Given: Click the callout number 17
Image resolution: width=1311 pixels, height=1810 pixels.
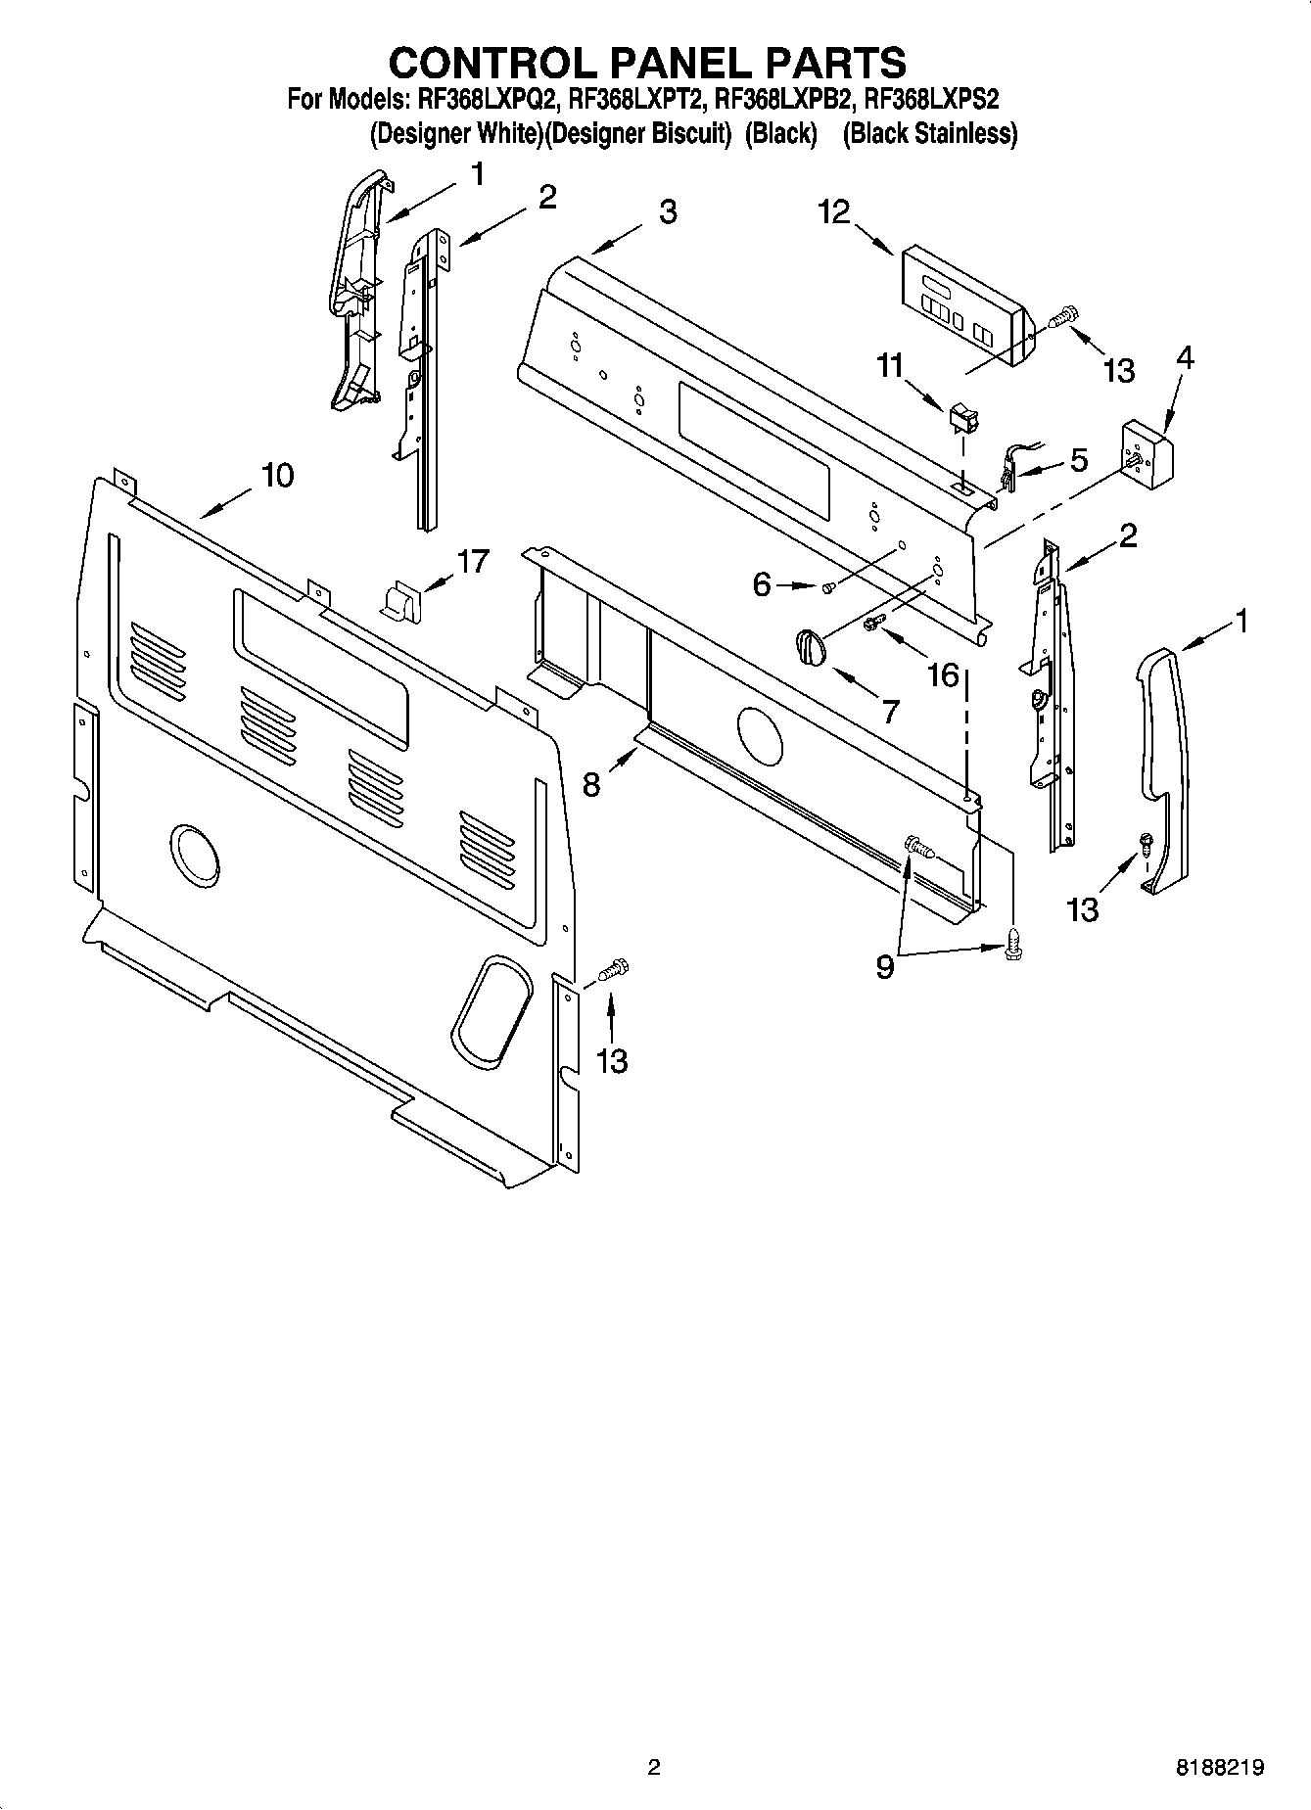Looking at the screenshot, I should (x=472, y=562).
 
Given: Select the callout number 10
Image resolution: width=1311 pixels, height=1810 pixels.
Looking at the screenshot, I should (x=276, y=476).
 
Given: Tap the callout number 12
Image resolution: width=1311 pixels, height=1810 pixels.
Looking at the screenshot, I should (x=834, y=211).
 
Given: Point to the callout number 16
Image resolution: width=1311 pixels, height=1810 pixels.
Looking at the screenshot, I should (x=943, y=674).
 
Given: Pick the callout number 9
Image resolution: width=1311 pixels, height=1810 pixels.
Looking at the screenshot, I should (x=884, y=968).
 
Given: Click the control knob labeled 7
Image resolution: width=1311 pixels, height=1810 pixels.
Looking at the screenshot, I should (x=809, y=647).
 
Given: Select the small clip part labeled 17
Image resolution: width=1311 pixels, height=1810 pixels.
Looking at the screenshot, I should (x=398, y=599).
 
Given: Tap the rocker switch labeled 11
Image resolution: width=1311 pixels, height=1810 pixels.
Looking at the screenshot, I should (x=962, y=419).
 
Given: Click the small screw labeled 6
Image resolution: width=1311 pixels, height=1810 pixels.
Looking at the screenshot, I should (x=827, y=586).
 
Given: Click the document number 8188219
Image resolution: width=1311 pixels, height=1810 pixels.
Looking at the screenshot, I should (x=1220, y=1767).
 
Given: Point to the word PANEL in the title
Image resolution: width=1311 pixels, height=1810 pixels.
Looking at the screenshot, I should (x=647, y=62).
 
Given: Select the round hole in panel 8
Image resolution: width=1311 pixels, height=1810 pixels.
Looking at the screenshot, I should (x=760, y=734).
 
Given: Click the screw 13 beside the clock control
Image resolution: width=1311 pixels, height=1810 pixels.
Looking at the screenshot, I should (x=1061, y=317).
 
